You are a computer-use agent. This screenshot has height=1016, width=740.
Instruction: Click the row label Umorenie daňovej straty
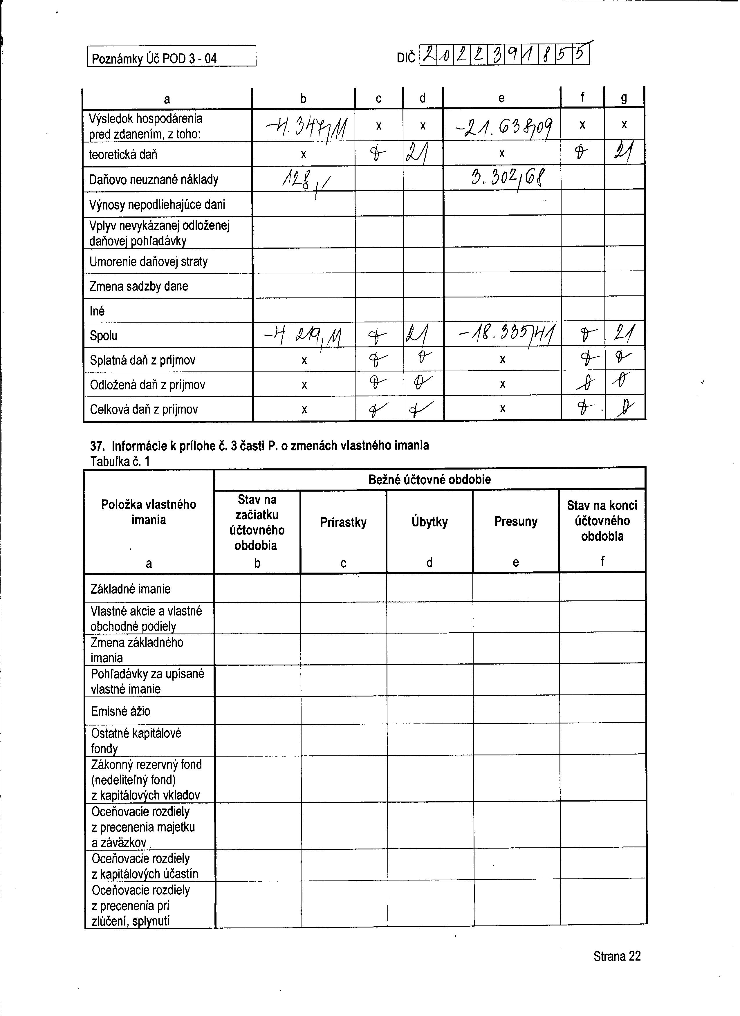[148, 261]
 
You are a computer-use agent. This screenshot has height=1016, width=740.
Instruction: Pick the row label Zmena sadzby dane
[138, 286]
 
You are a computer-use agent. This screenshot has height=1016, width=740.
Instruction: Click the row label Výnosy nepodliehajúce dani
[157, 205]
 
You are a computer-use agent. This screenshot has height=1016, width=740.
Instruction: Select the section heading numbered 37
[259, 446]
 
